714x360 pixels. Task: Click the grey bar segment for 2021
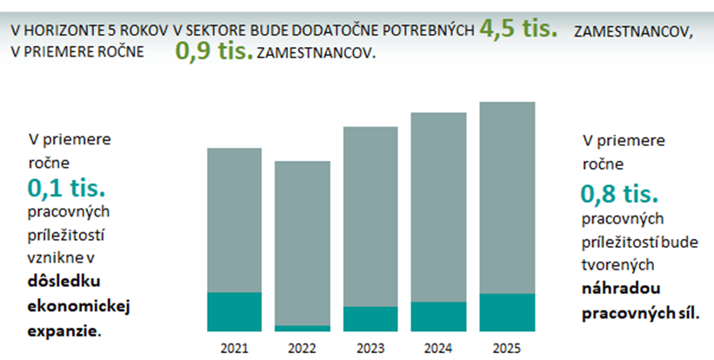point(234,220)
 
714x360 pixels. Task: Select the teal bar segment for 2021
point(234,311)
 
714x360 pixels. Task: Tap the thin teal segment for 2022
point(302,328)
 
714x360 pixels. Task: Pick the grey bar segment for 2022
point(302,243)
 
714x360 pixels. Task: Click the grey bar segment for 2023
point(370,217)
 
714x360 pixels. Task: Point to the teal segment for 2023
point(370,318)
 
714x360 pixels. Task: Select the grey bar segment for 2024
point(438,207)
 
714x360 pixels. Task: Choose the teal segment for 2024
point(438,316)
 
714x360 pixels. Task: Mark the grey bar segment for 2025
point(506,197)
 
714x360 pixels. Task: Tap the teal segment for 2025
point(506,312)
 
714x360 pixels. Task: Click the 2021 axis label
point(234,348)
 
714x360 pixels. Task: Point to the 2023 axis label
point(370,348)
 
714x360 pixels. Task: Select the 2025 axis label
point(506,348)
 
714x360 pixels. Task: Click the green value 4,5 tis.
point(519,28)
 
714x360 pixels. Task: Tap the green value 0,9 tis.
point(214,52)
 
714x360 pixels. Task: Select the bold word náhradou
point(617,288)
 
